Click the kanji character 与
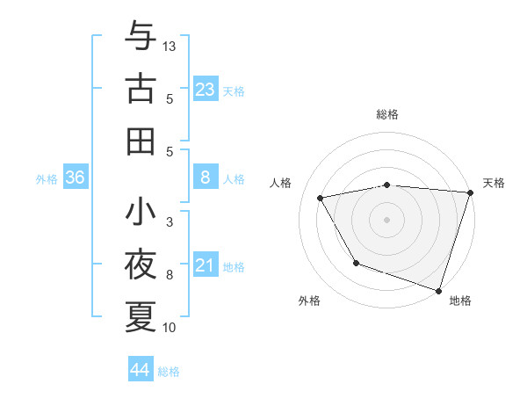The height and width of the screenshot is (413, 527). click(x=141, y=36)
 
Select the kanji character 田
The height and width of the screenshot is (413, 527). click(x=141, y=141)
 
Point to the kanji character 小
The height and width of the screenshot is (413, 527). click(x=141, y=212)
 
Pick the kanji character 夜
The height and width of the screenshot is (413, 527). click(x=141, y=264)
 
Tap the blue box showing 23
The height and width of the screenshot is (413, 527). click(x=206, y=89)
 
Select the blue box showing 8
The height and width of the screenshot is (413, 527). click(x=206, y=178)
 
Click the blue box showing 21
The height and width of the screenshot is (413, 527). click(x=206, y=265)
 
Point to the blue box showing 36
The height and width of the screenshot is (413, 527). click(x=76, y=178)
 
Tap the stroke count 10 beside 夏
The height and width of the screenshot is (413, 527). click(x=170, y=328)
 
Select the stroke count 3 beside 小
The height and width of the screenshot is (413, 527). click(x=170, y=221)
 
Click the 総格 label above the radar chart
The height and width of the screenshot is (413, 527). click(x=387, y=114)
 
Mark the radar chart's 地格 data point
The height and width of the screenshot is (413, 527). click(x=437, y=289)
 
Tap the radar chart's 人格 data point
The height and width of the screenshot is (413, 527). click(x=321, y=198)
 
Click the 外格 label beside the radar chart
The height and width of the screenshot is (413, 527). click(x=309, y=301)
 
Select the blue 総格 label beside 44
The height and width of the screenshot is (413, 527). click(x=169, y=372)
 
